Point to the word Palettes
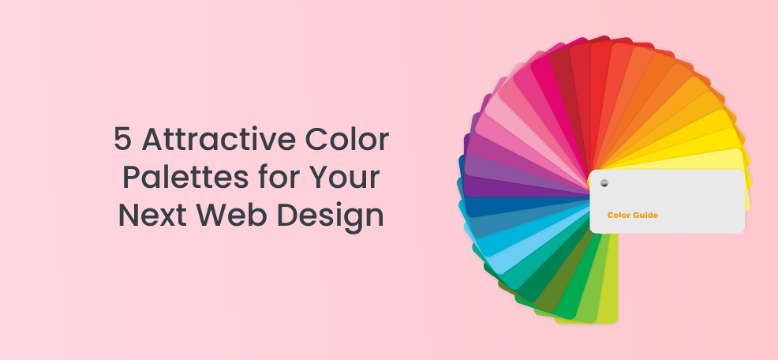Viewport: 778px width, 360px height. (x=181, y=178)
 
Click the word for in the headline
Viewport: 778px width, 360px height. (x=271, y=178)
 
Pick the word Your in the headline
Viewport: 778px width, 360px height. (x=340, y=178)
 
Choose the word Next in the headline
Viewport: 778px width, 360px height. (x=151, y=216)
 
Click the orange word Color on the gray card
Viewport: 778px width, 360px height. (x=619, y=215)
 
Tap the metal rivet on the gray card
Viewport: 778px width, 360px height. (x=604, y=182)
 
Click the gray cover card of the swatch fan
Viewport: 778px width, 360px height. (x=667, y=201)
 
